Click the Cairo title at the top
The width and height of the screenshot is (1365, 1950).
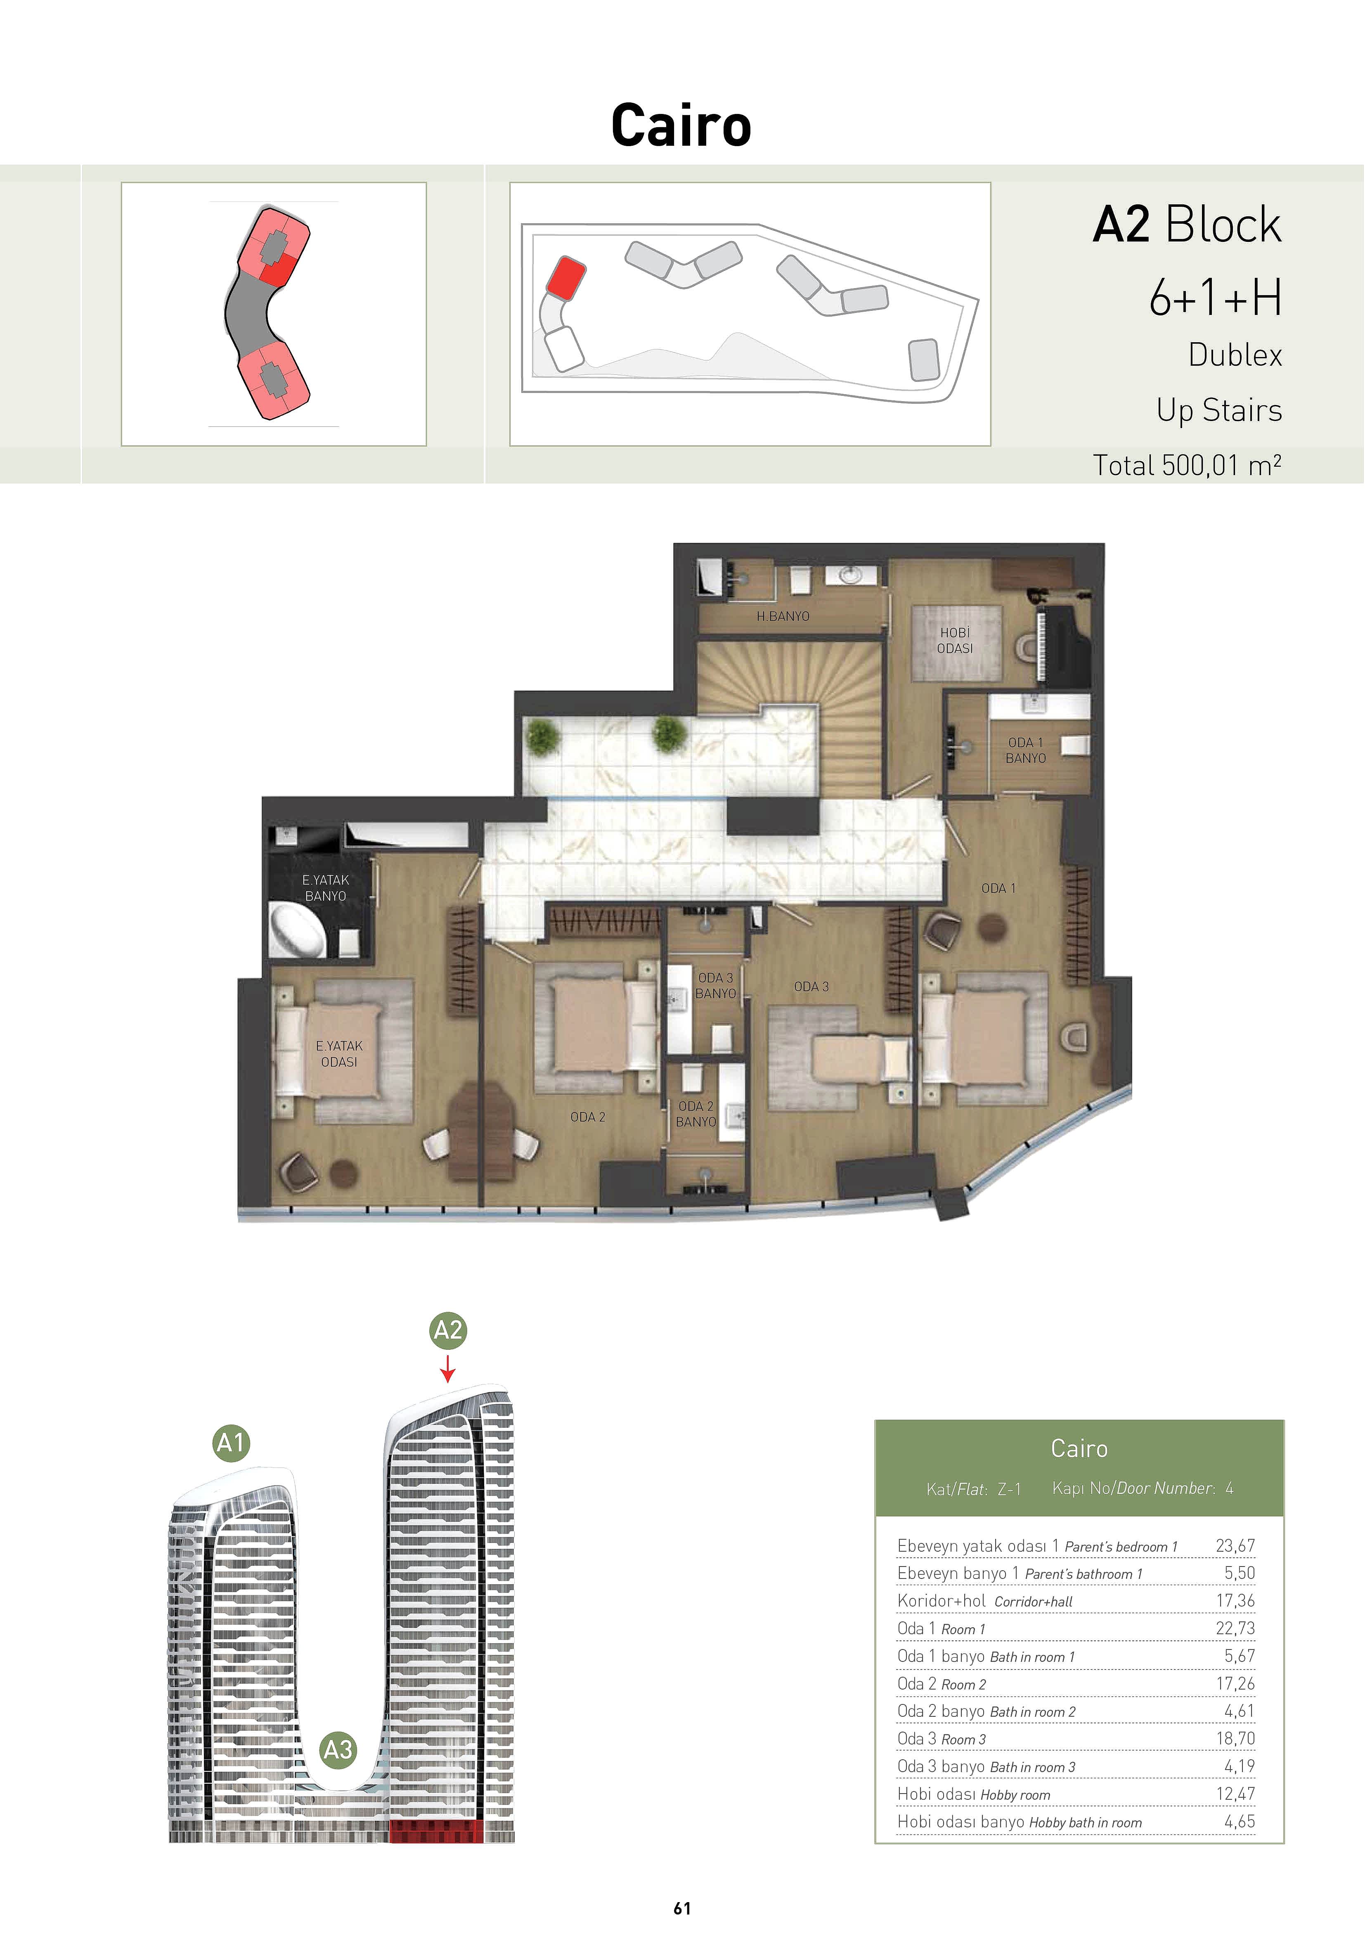point(681,126)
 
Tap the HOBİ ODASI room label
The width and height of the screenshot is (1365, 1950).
point(955,640)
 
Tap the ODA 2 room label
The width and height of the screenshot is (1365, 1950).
point(588,1117)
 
